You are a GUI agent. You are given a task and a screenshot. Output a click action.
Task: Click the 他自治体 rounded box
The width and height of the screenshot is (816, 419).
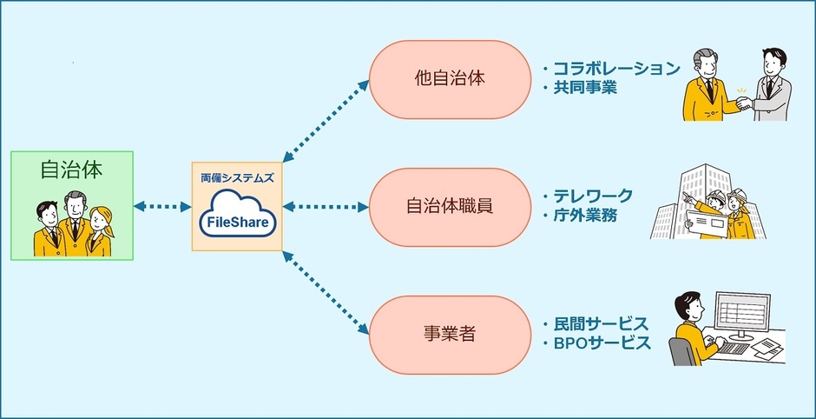tap(449, 77)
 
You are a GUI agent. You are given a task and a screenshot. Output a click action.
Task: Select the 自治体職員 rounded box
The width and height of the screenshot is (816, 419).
tap(449, 206)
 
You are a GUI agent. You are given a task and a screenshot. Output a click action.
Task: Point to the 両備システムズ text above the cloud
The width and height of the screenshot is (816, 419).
tap(237, 176)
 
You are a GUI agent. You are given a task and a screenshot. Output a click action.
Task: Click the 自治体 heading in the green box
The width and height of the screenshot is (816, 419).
tap(71, 170)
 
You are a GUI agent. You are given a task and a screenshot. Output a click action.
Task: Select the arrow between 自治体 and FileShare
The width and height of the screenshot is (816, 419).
tap(162, 207)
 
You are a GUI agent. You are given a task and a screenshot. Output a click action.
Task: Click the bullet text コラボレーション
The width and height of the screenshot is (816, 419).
tap(615, 69)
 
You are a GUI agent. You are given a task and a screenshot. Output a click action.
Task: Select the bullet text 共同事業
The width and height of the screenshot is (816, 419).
tap(585, 87)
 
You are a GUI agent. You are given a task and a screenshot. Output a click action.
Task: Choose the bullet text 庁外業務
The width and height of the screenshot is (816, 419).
tap(585, 215)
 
